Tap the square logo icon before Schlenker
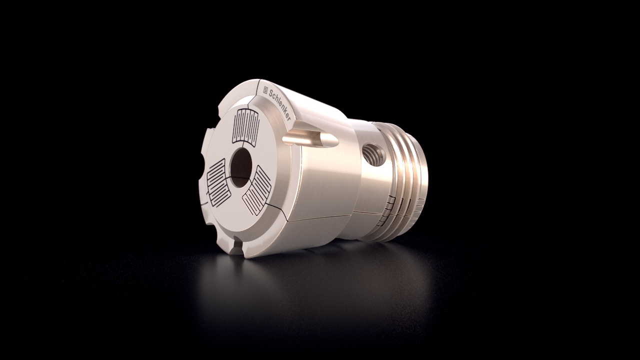coord(265,88)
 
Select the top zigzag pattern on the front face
coord(246,127)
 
